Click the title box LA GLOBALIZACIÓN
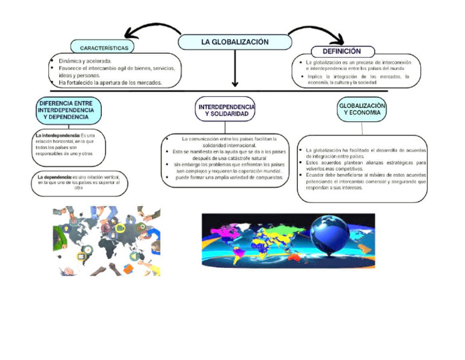(234, 42)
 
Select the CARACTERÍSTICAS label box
(102, 47)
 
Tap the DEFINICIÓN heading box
(343, 52)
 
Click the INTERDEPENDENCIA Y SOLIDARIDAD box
(226, 110)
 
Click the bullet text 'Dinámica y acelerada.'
(85, 61)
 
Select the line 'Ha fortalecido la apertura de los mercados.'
(110, 82)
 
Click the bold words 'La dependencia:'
(53, 176)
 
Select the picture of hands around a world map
(107, 241)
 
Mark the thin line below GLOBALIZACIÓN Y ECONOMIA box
(361, 128)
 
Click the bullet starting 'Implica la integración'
(357, 79)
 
